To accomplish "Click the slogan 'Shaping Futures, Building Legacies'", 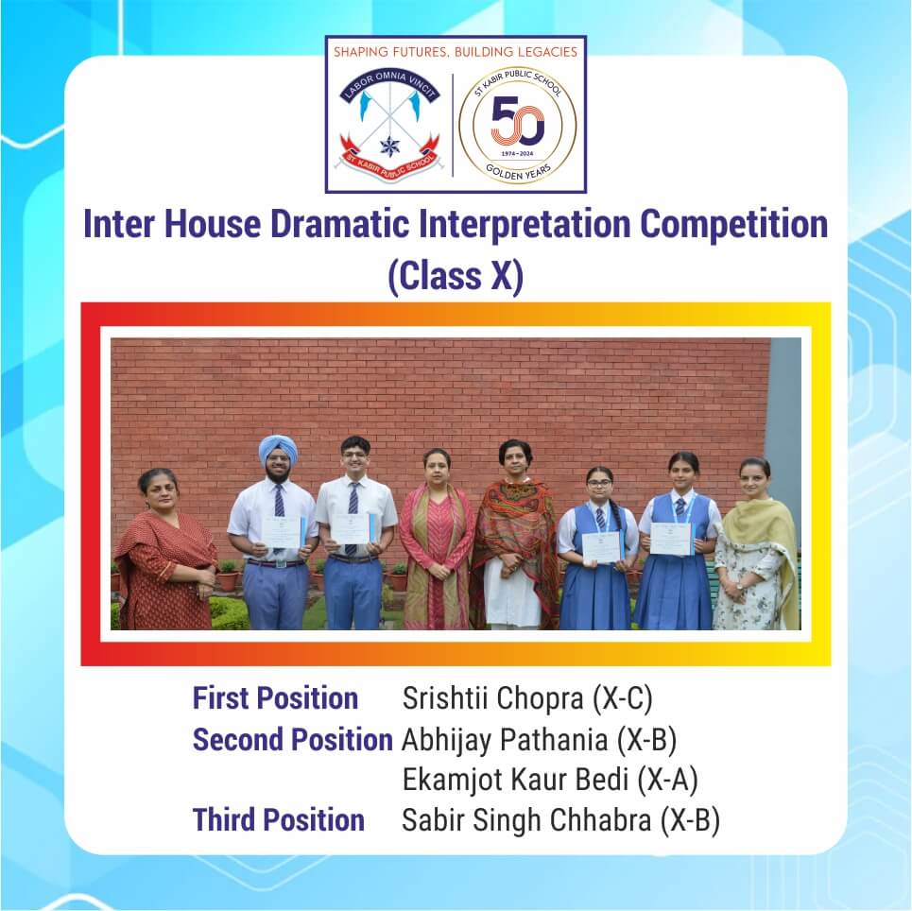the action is point(456,52).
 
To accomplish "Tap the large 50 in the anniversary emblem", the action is point(518,121).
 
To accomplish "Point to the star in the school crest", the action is point(388,146).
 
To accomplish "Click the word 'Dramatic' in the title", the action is point(340,225).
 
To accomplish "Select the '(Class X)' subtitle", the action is point(456,276).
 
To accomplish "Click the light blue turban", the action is point(278,448).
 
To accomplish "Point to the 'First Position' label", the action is point(275,698).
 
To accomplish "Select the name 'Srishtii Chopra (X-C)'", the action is point(527,698).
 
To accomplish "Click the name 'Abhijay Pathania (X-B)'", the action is point(540,739).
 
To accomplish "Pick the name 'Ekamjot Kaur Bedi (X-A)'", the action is point(550,780).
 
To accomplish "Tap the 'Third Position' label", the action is point(279,820).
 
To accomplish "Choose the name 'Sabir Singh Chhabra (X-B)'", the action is point(561,820).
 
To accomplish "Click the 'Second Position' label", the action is point(293,739).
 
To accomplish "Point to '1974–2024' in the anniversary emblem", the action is point(517,154).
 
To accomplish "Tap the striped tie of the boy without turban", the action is point(353,518).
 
